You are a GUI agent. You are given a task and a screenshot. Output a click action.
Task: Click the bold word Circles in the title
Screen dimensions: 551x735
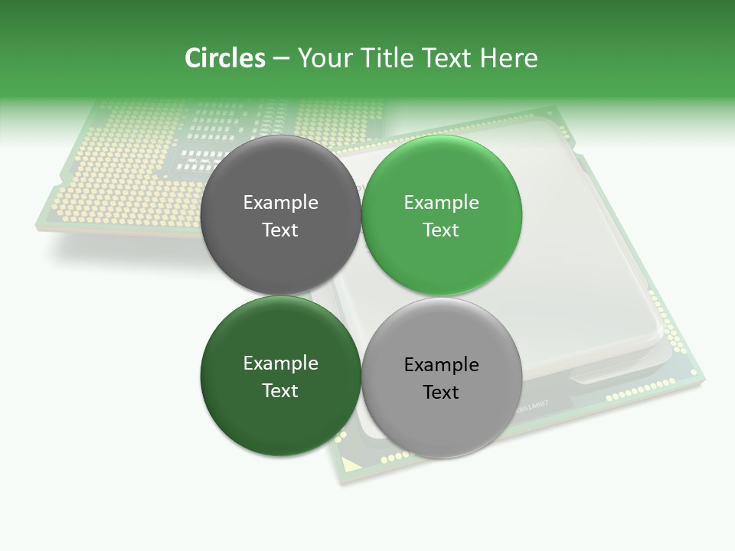click(x=225, y=58)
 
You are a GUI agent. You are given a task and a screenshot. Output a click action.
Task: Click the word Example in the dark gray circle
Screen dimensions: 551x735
click(x=280, y=203)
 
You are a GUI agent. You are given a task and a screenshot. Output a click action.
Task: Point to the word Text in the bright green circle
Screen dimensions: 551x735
click(x=441, y=230)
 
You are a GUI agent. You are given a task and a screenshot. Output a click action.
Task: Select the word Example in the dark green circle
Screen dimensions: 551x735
click(x=280, y=364)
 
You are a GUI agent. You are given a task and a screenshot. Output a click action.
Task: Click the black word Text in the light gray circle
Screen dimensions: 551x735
click(x=441, y=393)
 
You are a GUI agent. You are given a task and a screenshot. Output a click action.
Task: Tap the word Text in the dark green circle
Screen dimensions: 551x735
click(x=280, y=391)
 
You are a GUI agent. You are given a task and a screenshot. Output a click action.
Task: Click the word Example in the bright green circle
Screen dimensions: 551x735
click(x=441, y=203)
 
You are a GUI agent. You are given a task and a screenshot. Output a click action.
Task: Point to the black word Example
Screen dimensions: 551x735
click(x=441, y=365)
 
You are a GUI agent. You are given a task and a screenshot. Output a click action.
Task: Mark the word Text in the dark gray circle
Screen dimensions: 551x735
click(x=280, y=230)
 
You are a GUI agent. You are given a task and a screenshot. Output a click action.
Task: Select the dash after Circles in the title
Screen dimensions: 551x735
click(x=281, y=59)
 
